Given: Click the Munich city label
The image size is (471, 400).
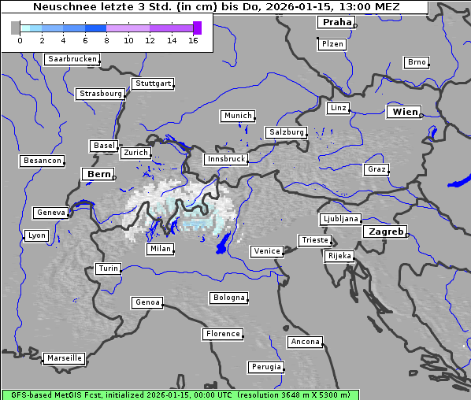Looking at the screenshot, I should point(238,116).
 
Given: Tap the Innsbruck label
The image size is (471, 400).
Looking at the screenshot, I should point(225,159).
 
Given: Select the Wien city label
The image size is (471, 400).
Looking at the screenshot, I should point(405,113).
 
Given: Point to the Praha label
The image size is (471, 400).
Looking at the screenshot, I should point(337,22).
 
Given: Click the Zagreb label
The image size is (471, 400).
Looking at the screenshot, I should point(385,231).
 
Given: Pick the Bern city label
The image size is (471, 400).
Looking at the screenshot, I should point(98,174).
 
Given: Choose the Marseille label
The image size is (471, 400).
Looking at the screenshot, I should point(65,358).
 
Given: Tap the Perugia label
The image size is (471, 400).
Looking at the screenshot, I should point(266,367).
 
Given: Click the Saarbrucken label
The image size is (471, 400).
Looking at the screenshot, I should point(72,59).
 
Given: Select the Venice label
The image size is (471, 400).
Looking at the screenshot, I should point(267,251).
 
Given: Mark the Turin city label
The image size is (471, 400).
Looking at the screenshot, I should point(109,269).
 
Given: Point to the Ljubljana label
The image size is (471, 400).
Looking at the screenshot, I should point(340,219).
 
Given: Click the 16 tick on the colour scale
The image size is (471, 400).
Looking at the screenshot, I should point(193,39).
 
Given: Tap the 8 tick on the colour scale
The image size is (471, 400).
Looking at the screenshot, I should point(106,39).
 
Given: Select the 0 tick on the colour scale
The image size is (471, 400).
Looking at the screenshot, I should point(20,39).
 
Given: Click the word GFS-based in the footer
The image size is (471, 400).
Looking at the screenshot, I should point(32,394).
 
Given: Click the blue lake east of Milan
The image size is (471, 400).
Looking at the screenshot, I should point(225,243).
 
